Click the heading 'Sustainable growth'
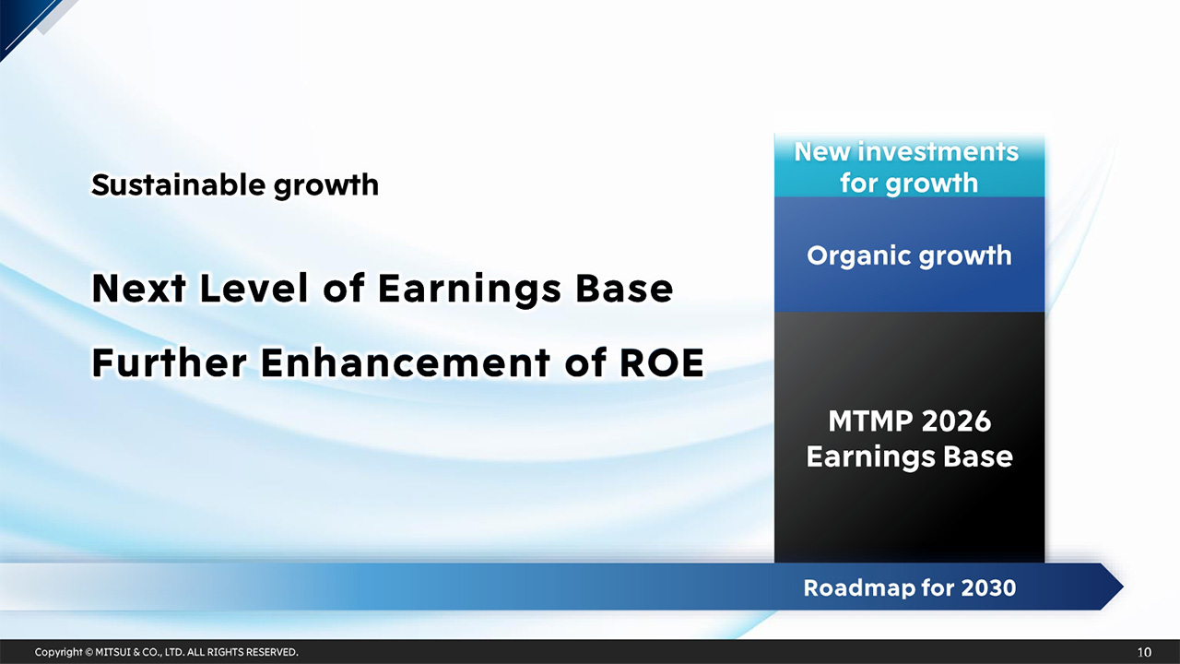click(234, 185)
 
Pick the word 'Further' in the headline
click(168, 363)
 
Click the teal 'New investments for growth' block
click(909, 167)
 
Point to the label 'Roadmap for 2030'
click(909, 587)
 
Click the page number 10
click(1144, 652)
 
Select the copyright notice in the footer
click(166, 652)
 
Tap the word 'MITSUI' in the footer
click(114, 652)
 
